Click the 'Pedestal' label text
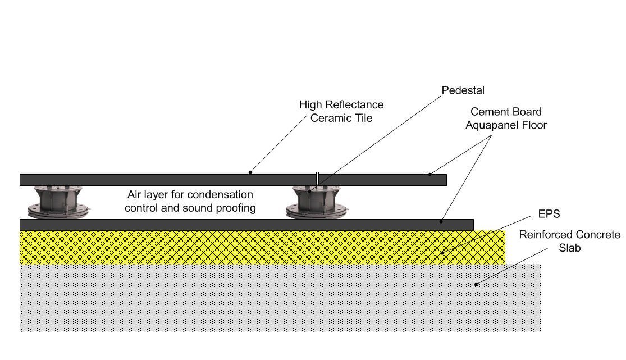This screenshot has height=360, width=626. tap(463, 90)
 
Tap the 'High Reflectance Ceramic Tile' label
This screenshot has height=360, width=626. tap(341, 111)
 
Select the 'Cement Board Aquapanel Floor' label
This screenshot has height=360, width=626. tap(506, 119)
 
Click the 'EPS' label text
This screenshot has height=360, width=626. tap(549, 214)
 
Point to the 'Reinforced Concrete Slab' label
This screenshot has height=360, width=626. tap(569, 241)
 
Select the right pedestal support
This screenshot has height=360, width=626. tap(318, 202)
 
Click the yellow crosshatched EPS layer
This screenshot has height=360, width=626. tap(225, 247)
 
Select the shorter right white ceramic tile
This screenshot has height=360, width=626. tap(371, 173)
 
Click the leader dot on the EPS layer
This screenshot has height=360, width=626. tap(441, 252)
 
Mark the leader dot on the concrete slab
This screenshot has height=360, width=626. tap(476, 284)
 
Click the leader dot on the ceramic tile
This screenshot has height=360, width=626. tap(250, 172)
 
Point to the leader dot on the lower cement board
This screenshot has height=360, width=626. tap(441, 222)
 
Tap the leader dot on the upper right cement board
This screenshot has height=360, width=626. tap(430, 174)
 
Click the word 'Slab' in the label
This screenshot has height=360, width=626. tap(569, 248)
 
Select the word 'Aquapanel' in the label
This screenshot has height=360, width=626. tap(490, 125)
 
